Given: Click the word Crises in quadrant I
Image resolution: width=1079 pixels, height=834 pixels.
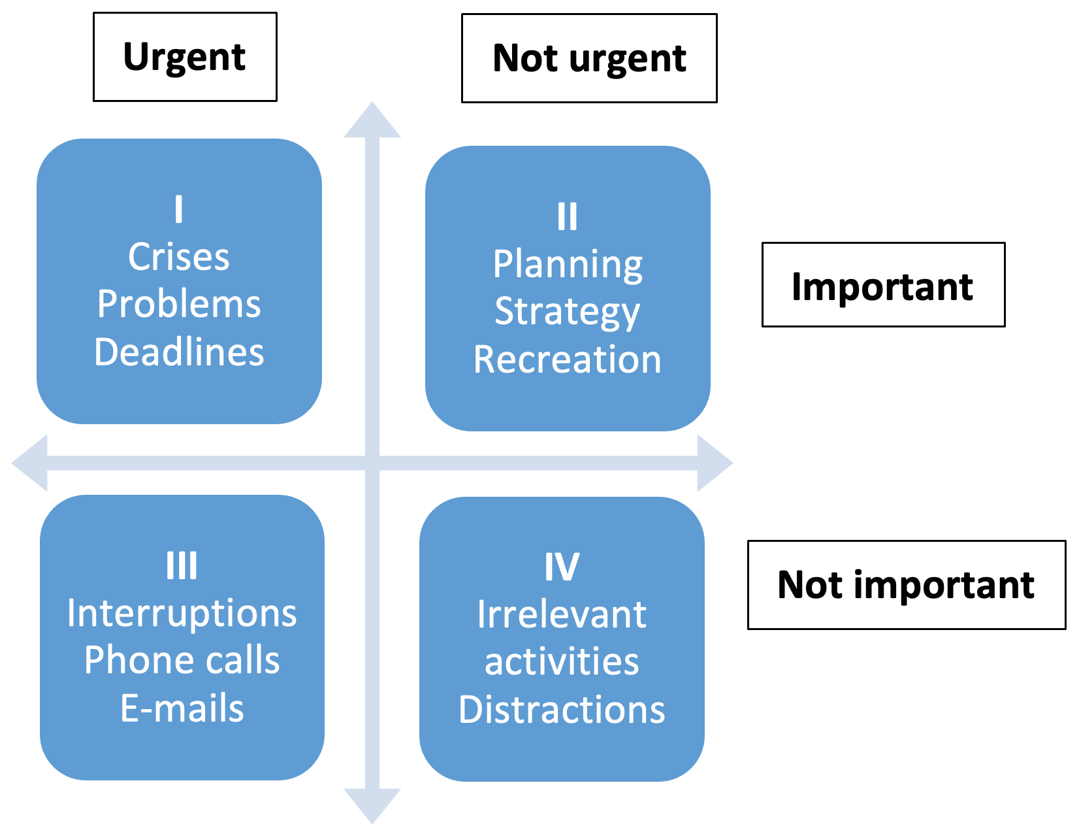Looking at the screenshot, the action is pyautogui.click(x=179, y=257).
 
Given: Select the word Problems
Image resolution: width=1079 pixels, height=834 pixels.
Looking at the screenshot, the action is pyautogui.click(x=179, y=303).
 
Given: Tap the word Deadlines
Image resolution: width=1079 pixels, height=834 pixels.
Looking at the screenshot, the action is pyautogui.click(x=179, y=352).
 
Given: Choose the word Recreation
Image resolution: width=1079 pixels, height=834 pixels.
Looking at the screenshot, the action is pyautogui.click(x=568, y=359).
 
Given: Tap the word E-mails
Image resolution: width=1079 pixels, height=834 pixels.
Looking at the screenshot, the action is pyautogui.click(x=182, y=708).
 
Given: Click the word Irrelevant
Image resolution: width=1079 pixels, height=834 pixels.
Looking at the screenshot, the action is pyautogui.click(x=562, y=614).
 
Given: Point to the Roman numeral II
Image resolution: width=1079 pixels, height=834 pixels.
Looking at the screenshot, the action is pyautogui.click(x=568, y=216).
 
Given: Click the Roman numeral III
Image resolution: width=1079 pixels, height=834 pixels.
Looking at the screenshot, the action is pyautogui.click(x=182, y=566).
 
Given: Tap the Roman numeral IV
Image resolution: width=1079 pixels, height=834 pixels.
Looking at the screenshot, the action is pyautogui.click(x=562, y=567).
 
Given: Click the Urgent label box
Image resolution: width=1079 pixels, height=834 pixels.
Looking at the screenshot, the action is pyautogui.click(x=185, y=57).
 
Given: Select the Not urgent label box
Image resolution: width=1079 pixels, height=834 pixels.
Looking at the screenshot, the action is pyautogui.click(x=589, y=58).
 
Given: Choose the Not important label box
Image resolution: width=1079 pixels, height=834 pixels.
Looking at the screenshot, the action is pyautogui.click(x=907, y=585).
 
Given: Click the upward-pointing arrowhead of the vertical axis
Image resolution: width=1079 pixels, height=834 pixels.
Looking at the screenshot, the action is pyautogui.click(x=372, y=122).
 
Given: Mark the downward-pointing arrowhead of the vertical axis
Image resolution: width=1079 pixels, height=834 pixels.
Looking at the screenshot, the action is pyautogui.click(x=372, y=805).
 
